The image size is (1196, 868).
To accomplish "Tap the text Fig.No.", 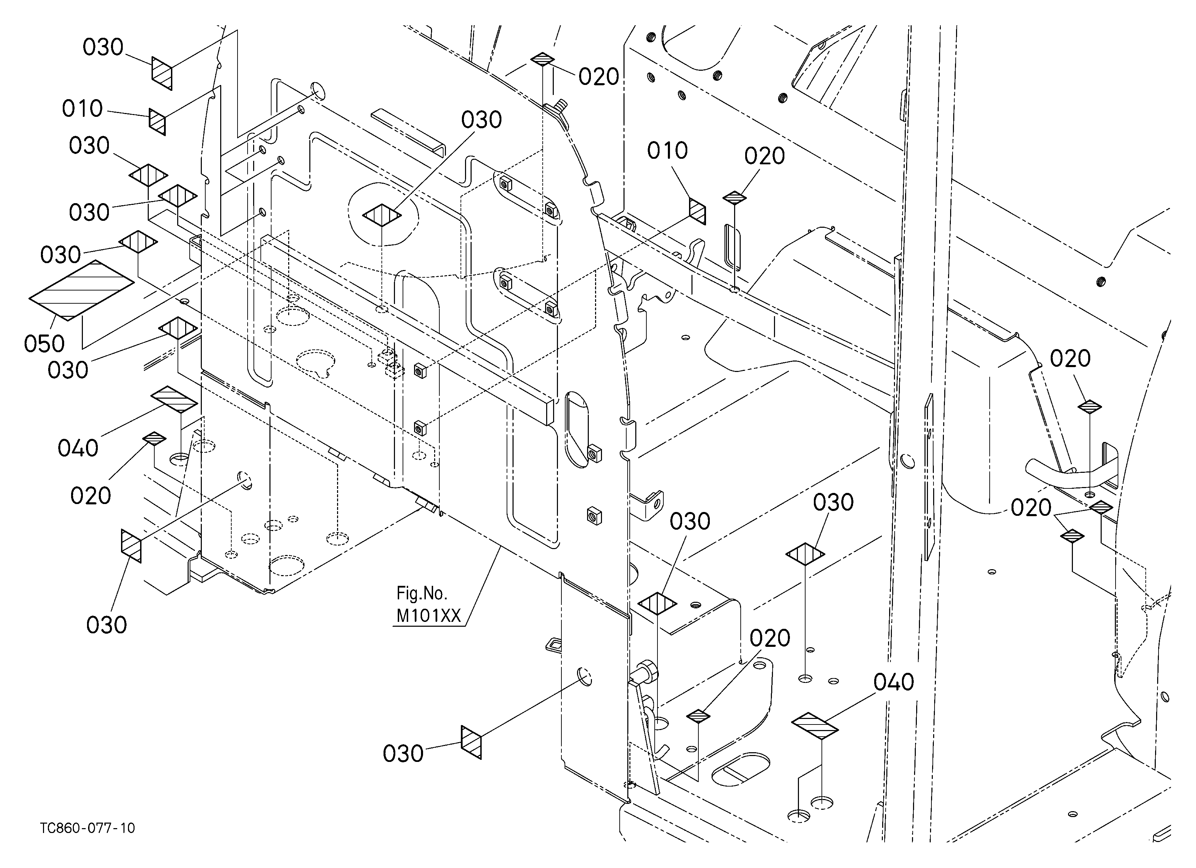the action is [x=421, y=593].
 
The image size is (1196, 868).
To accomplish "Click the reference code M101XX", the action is [x=428, y=616].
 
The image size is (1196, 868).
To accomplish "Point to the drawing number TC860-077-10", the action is [x=87, y=828].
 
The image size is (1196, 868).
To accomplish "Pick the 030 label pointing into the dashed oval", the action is [x=481, y=120].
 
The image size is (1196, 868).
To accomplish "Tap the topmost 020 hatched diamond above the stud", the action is [x=543, y=59].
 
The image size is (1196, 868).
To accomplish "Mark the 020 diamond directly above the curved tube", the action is [x=1090, y=406].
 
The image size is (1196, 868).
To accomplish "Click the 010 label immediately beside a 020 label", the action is [x=667, y=151].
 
